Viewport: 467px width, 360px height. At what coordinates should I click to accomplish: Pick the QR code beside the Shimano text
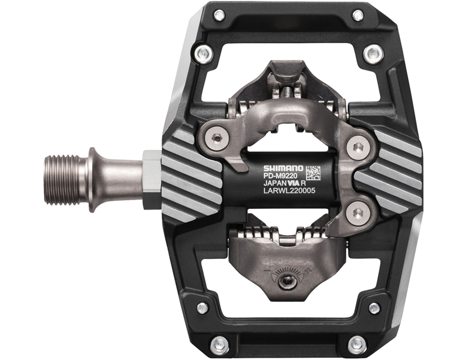[313, 173]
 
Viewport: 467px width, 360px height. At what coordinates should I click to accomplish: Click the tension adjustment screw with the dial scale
[286, 282]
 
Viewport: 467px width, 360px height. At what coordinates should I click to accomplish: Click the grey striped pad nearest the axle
[187, 175]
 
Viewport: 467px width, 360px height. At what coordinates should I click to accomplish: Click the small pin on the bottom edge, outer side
[356, 344]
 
